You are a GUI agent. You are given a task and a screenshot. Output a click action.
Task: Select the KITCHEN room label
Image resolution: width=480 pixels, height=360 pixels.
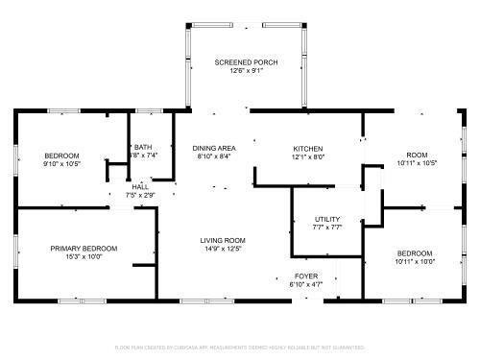308,148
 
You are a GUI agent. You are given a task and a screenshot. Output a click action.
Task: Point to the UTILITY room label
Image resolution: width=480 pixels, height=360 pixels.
327,219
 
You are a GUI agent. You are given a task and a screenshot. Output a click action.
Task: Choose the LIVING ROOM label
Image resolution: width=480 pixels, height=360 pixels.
224,240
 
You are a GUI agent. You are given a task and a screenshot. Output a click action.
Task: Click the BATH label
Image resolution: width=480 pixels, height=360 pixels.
143,147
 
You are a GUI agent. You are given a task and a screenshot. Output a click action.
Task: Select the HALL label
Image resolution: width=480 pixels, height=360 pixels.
140,186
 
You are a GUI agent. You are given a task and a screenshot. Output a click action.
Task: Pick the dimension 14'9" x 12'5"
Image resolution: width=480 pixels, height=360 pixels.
224,249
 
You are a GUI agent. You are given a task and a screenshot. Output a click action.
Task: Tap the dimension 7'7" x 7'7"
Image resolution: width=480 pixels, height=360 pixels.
327,228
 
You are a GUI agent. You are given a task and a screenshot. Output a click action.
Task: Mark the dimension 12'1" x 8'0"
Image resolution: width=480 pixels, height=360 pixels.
308,156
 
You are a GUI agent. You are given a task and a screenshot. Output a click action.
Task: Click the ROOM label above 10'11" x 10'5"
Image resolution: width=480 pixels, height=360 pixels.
417,155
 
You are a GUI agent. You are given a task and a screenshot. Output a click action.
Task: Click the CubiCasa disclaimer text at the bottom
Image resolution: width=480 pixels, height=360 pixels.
240,348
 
